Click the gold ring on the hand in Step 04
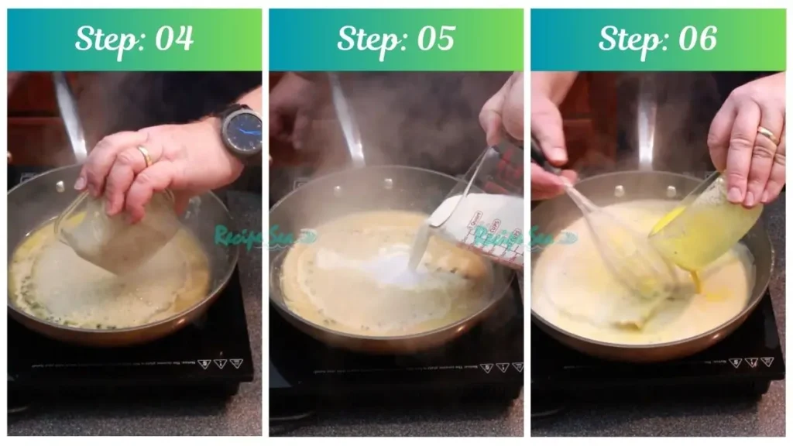tap(145, 157)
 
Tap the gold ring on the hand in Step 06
tap(767, 136)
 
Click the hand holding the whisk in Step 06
tap(551, 147)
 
